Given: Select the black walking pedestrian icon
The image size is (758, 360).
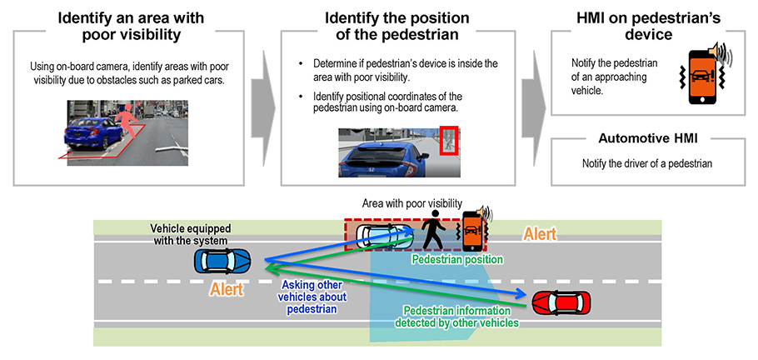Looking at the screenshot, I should click(x=436, y=231).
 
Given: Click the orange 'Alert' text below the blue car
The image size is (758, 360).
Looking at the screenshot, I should click(x=226, y=291).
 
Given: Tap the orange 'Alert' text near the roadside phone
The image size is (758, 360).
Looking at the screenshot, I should click(x=539, y=235).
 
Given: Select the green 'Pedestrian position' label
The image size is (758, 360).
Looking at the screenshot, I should click(x=457, y=259).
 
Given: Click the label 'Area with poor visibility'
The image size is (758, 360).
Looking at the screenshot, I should click(x=412, y=202).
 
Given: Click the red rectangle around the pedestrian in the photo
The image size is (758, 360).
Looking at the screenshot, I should click(x=450, y=140).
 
